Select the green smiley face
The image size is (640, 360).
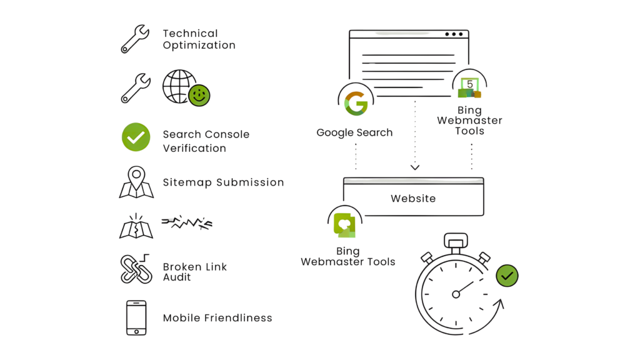click(x=201, y=95)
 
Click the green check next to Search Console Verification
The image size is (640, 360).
click(x=136, y=137)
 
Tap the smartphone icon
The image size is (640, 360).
click(x=136, y=318)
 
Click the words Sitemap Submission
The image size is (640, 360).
click(x=223, y=182)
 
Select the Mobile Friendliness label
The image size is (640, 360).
click(x=217, y=317)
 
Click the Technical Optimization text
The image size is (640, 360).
click(x=199, y=39)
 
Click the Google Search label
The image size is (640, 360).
click(x=354, y=132)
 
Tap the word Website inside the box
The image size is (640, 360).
click(x=413, y=199)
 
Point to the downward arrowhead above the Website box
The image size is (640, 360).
click(x=414, y=167)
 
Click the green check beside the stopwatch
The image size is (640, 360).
click(x=507, y=275)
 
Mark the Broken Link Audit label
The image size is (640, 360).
click(x=194, y=272)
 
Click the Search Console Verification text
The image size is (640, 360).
click(x=206, y=141)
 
